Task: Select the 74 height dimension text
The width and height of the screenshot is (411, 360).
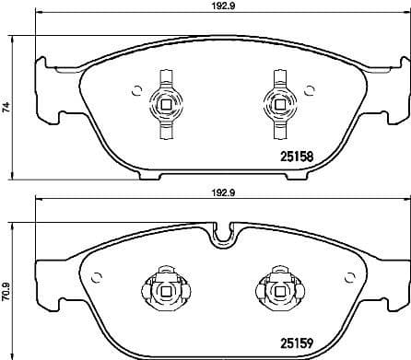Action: tap(8, 108)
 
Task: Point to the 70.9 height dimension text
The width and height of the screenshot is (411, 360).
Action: tap(8, 292)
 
